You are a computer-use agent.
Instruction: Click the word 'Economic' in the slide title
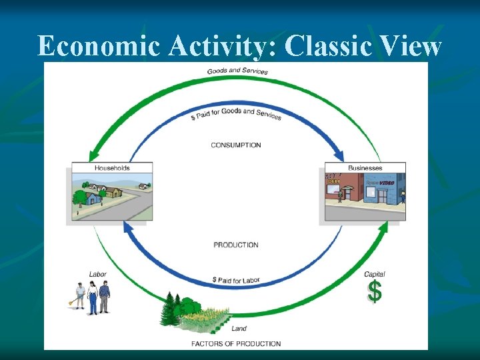pos(98,47)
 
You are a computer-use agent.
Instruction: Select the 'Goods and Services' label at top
pos(237,71)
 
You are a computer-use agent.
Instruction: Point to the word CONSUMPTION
pos(236,145)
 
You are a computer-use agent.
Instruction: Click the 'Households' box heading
pos(112,168)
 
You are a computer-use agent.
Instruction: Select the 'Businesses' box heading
pos(365,168)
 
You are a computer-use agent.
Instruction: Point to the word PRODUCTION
pos(236,245)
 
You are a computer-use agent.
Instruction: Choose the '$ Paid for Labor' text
pos(236,280)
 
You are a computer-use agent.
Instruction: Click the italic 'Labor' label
pos(98,274)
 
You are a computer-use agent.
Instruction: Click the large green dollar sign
pos(375,291)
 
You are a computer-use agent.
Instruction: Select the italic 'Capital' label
pos(374,274)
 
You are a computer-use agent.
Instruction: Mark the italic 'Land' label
pos(239,329)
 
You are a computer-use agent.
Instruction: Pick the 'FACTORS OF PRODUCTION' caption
pos(236,344)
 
